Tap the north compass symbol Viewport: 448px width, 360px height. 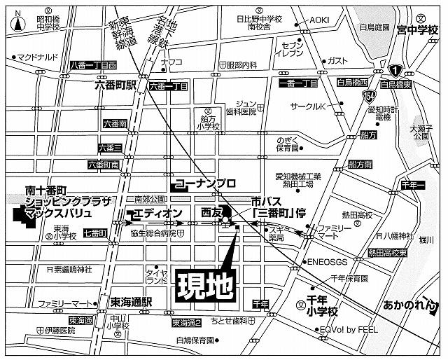click(17, 21)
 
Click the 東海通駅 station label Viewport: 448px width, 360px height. click(130, 302)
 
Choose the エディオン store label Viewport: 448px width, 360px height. click(157, 213)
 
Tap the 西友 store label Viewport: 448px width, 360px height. click(211, 211)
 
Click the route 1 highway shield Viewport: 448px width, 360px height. click(395, 71)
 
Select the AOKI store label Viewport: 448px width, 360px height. click(319, 20)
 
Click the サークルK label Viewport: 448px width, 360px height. click(309, 106)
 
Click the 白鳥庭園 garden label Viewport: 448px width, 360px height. click(374, 27)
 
